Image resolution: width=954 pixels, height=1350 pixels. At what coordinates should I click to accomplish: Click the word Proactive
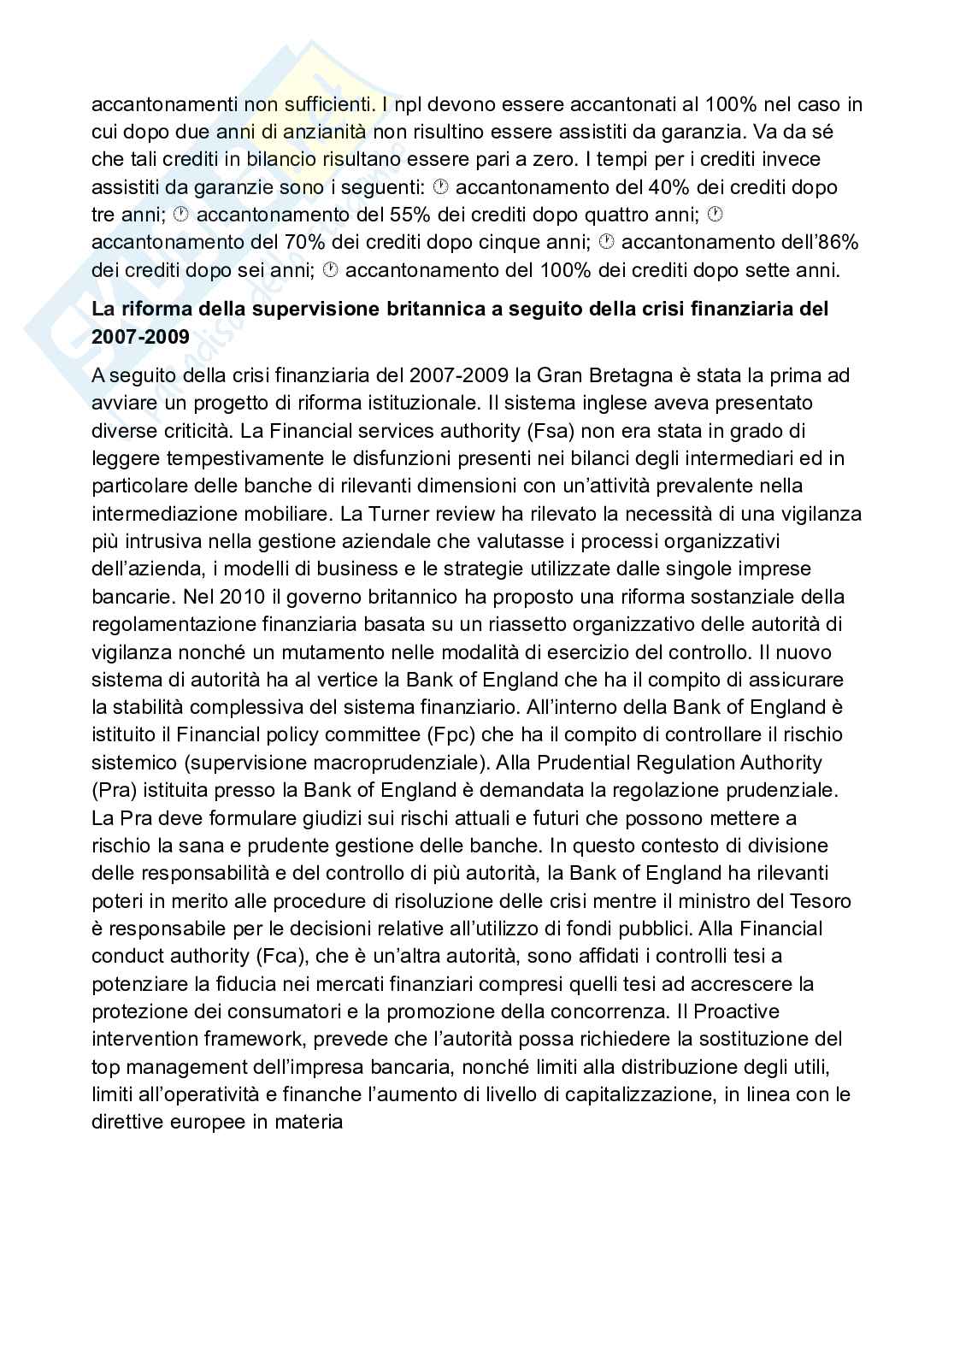(736, 1011)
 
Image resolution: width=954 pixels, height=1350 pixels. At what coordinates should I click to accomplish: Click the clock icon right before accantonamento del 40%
(440, 187)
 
